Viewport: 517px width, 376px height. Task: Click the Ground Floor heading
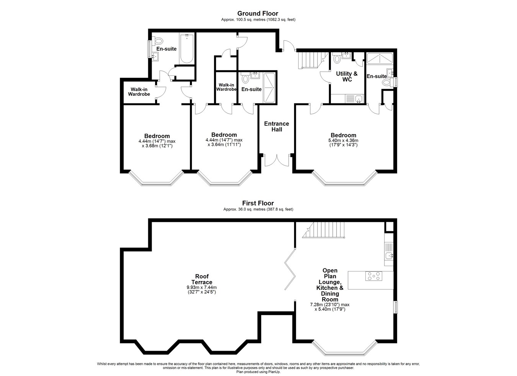coord(258,13)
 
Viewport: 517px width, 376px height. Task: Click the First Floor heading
coord(258,203)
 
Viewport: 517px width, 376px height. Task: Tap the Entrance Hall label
coord(276,126)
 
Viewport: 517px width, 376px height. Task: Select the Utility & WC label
coord(347,77)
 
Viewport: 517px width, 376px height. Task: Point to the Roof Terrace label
coord(202,279)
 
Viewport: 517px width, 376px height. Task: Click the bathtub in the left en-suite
coord(187,49)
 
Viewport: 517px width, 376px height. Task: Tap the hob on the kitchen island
coord(374,276)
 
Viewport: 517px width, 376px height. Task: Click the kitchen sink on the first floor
coord(389,255)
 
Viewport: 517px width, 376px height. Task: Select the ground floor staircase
coord(313,60)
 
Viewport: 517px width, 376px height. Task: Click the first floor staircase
coord(323,230)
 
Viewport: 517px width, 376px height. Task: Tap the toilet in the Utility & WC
coord(337,58)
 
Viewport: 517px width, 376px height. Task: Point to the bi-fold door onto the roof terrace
coord(290,269)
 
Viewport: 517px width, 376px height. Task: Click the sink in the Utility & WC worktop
coord(358,99)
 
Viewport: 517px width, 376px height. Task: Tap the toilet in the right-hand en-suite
coord(388,82)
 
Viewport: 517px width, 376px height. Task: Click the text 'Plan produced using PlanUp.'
coord(258,372)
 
